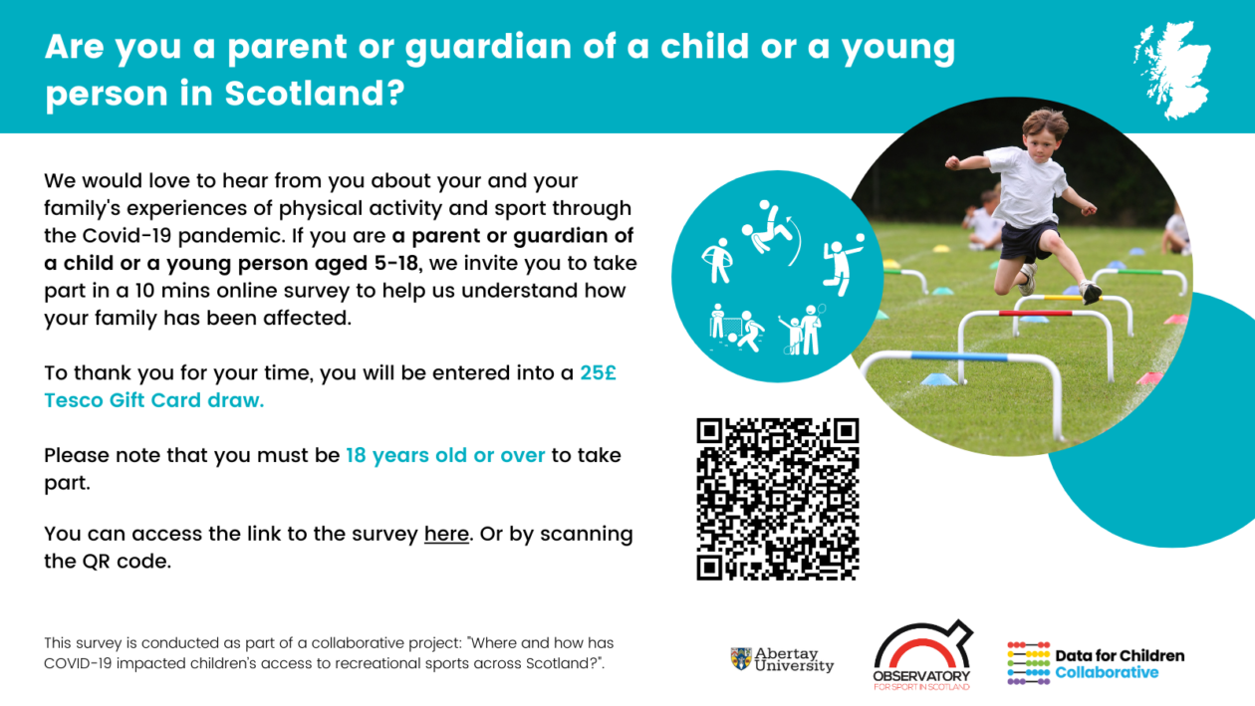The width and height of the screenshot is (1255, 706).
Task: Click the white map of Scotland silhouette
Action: [1173, 70]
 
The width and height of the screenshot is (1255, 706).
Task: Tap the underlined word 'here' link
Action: [446, 534]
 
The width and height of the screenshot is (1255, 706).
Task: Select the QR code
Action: [778, 499]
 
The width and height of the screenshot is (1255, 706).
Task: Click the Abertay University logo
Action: [782, 659]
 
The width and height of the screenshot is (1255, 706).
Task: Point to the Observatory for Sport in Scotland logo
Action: [922, 654]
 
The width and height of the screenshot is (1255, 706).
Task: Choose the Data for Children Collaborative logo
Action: [1096, 663]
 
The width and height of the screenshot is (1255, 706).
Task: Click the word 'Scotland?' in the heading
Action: [315, 93]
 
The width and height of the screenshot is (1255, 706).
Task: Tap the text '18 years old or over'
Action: [445, 455]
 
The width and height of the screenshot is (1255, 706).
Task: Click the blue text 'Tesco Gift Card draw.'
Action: [154, 400]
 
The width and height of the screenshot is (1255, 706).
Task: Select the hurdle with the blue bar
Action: [961, 392]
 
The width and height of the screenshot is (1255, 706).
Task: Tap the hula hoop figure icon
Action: [717, 261]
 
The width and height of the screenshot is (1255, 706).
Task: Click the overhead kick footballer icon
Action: [770, 230]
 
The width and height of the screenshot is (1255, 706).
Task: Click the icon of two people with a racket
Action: [803, 330]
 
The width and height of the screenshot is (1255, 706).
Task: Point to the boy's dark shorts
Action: [1028, 240]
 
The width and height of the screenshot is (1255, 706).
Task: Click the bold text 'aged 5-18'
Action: [367, 263]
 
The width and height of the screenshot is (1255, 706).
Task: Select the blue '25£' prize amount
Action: [598, 373]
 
